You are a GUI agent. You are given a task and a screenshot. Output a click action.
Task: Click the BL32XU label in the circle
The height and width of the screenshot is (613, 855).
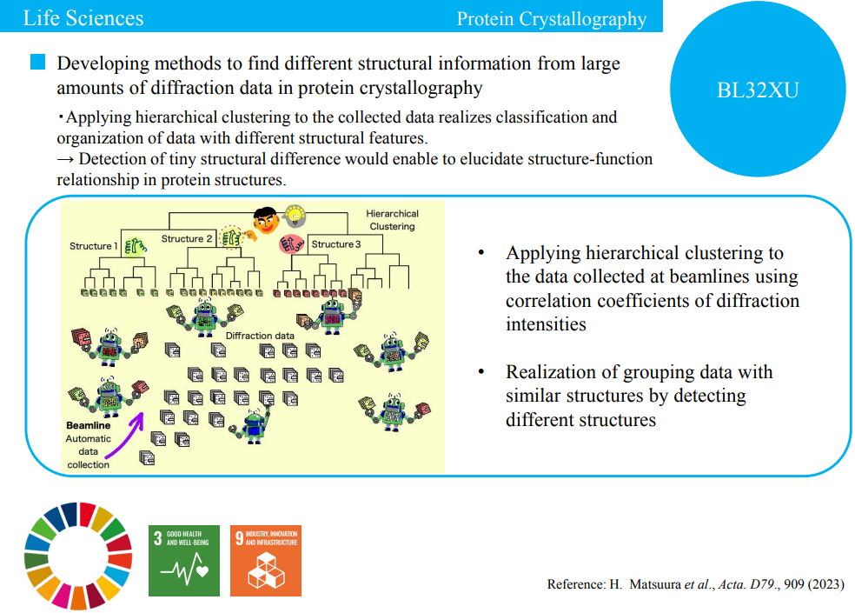tap(758, 90)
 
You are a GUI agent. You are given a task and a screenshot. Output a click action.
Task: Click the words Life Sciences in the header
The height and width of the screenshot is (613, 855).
tap(83, 18)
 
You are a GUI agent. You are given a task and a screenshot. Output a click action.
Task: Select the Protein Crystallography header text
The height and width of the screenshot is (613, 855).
tap(551, 19)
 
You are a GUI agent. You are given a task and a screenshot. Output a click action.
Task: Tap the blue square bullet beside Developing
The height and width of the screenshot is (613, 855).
tap(37, 62)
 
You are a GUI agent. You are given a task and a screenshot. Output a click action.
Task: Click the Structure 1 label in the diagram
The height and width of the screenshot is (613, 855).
tap(93, 246)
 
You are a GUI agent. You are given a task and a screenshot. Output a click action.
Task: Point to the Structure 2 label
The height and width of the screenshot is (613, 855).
tap(187, 238)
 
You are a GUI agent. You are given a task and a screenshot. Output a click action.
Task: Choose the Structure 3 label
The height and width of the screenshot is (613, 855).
tap(336, 244)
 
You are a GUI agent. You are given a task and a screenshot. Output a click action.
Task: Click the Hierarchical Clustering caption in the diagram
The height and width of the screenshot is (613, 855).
tap(392, 220)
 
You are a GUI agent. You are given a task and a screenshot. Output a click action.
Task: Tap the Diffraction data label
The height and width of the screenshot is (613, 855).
tap(260, 336)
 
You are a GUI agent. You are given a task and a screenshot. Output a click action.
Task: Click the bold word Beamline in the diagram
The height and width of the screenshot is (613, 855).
tap(89, 425)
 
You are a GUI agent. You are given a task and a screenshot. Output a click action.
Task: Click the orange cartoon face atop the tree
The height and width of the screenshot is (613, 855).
tap(267, 221)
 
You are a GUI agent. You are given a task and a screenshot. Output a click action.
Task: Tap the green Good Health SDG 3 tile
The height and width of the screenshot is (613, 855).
tap(184, 561)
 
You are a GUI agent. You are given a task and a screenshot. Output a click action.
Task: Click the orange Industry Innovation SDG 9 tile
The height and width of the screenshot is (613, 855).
tap(266, 561)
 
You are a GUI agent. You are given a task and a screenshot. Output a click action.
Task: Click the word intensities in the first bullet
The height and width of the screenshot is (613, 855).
tap(546, 324)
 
